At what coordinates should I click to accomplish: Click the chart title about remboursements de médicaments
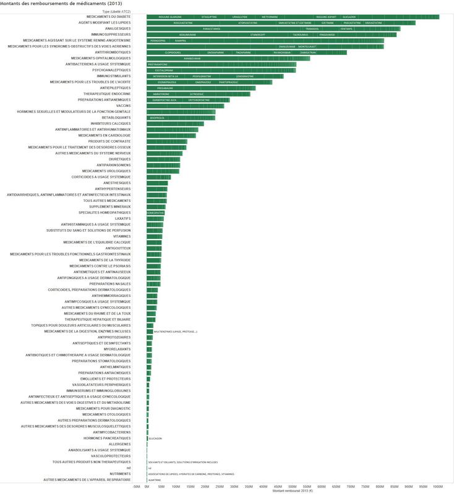pyautogui.click(x=56, y=4)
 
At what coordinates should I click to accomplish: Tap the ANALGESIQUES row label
pyautogui.click(x=117, y=28)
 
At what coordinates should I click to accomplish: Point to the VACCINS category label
pyautogui.click(x=124, y=106)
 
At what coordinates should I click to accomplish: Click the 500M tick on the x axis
pyautogui.click(x=292, y=486)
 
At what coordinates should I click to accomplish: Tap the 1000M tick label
pyautogui.click(x=437, y=486)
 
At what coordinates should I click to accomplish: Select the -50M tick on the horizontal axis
pyautogui.click(x=136, y=486)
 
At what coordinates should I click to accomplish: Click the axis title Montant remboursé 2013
pyautogui.click(x=292, y=491)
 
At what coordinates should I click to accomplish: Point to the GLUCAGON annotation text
pyautogui.click(x=155, y=438)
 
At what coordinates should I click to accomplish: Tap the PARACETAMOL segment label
pyautogui.click(x=212, y=28)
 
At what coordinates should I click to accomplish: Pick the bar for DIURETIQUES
pyautogui.click(x=163, y=159)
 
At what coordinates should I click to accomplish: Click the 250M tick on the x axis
pyautogui.click(x=220, y=486)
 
